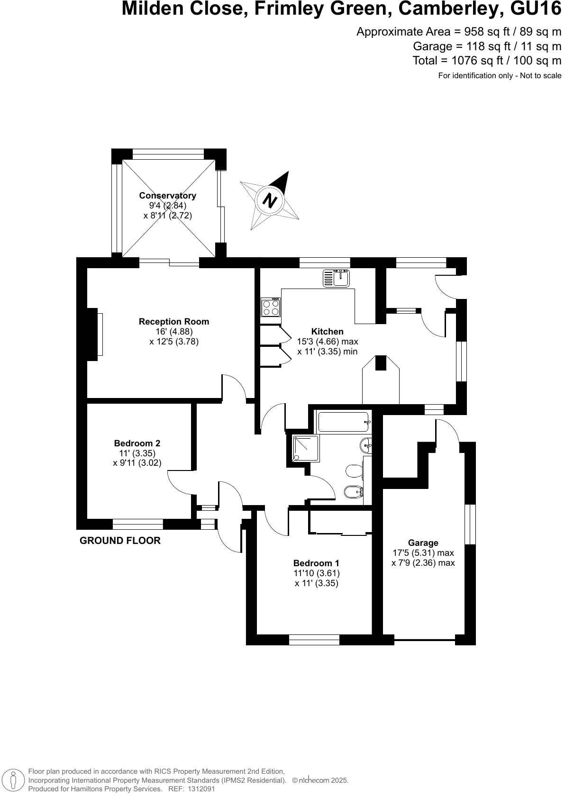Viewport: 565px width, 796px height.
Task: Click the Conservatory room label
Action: pos(167,196)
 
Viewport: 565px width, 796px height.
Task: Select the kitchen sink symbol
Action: pos(336,278)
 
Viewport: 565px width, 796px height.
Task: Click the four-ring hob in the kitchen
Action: pos(271,307)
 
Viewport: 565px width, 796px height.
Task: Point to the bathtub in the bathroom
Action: pos(343,421)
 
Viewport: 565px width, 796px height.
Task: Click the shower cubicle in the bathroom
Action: pos(306,448)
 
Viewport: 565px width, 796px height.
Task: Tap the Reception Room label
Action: pos(173,322)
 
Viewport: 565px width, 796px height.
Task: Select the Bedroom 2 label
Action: pos(137,443)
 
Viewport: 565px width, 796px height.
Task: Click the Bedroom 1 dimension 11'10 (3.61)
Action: pos(316,573)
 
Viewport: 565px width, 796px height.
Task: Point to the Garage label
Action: pos(423,543)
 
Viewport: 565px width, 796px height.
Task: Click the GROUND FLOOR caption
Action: pos(120,541)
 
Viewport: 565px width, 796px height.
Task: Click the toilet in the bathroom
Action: pos(353,471)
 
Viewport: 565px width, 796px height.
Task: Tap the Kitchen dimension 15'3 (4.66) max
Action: pos(327,342)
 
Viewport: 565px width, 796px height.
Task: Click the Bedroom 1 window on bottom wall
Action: pos(314,640)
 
